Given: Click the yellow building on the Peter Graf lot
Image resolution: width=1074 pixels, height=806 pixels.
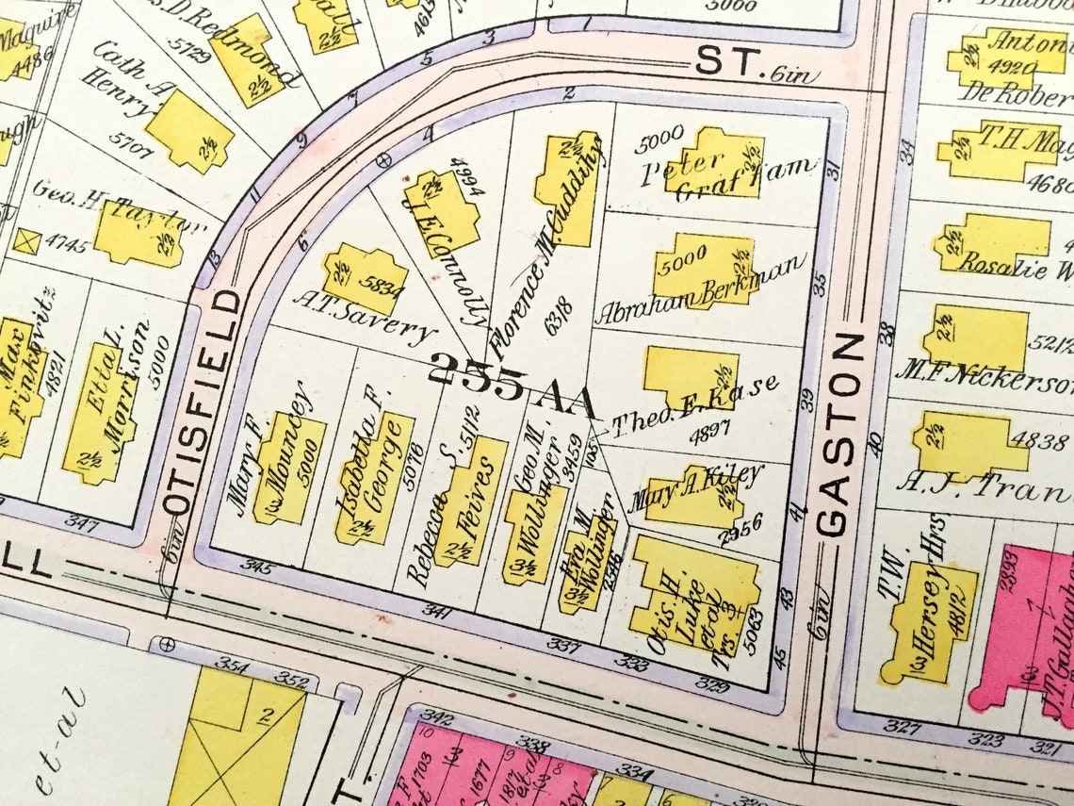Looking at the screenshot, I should click(712, 164).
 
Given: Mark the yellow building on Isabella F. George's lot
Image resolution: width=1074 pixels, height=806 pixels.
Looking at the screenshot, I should click(374, 477).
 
